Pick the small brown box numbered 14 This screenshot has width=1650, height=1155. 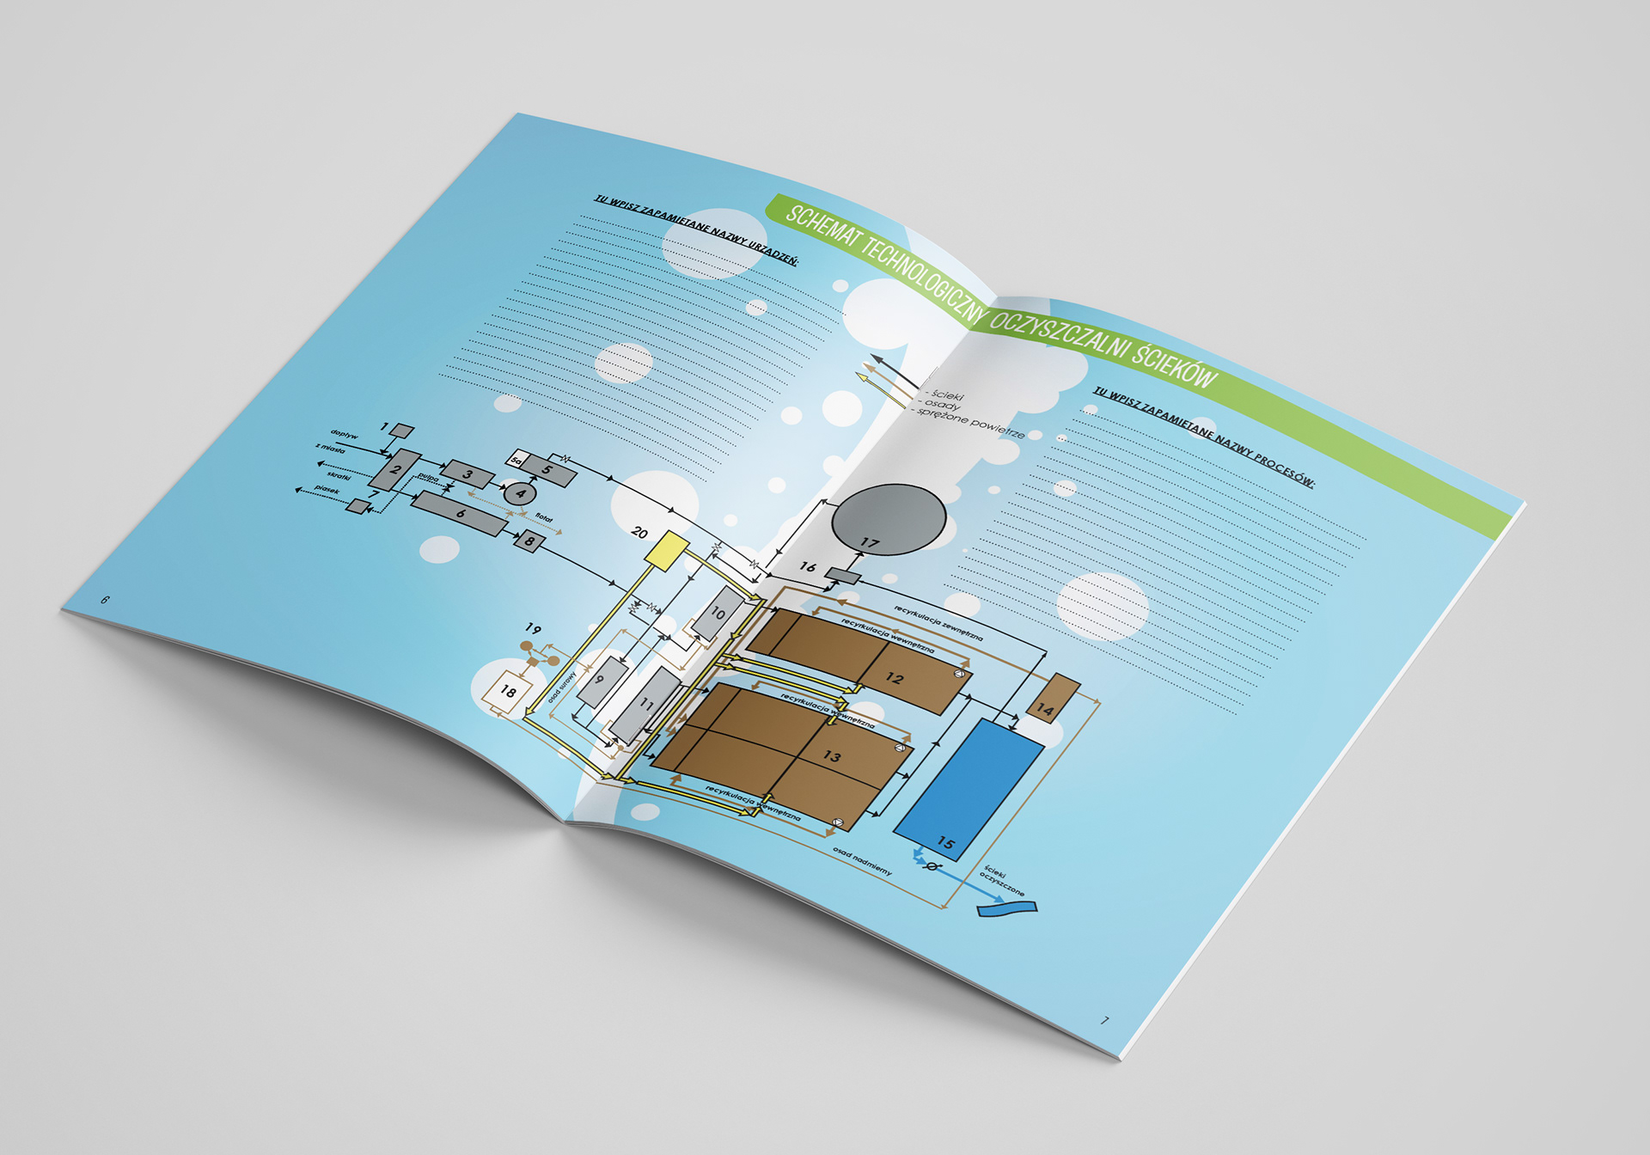(x=1054, y=697)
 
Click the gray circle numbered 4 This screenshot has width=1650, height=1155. (x=519, y=493)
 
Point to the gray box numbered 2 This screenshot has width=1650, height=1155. (x=395, y=469)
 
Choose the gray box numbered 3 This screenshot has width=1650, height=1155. (x=467, y=474)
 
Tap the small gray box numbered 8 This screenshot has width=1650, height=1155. (x=529, y=541)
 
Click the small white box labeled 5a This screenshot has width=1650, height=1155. (x=517, y=461)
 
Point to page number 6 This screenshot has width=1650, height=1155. (x=105, y=600)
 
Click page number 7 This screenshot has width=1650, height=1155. (x=1105, y=1020)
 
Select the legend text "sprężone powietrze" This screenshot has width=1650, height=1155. (x=971, y=423)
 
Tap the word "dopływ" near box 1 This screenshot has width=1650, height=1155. (x=344, y=435)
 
